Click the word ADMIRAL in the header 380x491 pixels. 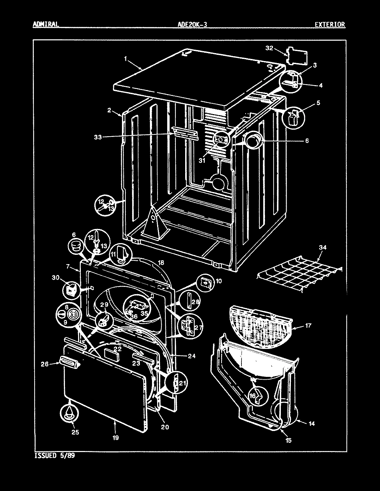pos(46,24)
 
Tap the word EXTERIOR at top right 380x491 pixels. pos(330,24)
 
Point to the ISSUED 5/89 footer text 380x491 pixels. pos(55,455)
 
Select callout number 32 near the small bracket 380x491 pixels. pos(269,48)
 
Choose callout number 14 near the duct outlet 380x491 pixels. pos(312,424)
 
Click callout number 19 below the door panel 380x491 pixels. pos(115,438)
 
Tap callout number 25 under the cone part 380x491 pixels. pos(75,432)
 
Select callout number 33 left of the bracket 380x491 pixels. pos(98,137)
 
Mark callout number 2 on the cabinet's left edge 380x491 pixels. pos(109,110)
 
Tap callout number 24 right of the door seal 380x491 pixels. pos(192,356)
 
